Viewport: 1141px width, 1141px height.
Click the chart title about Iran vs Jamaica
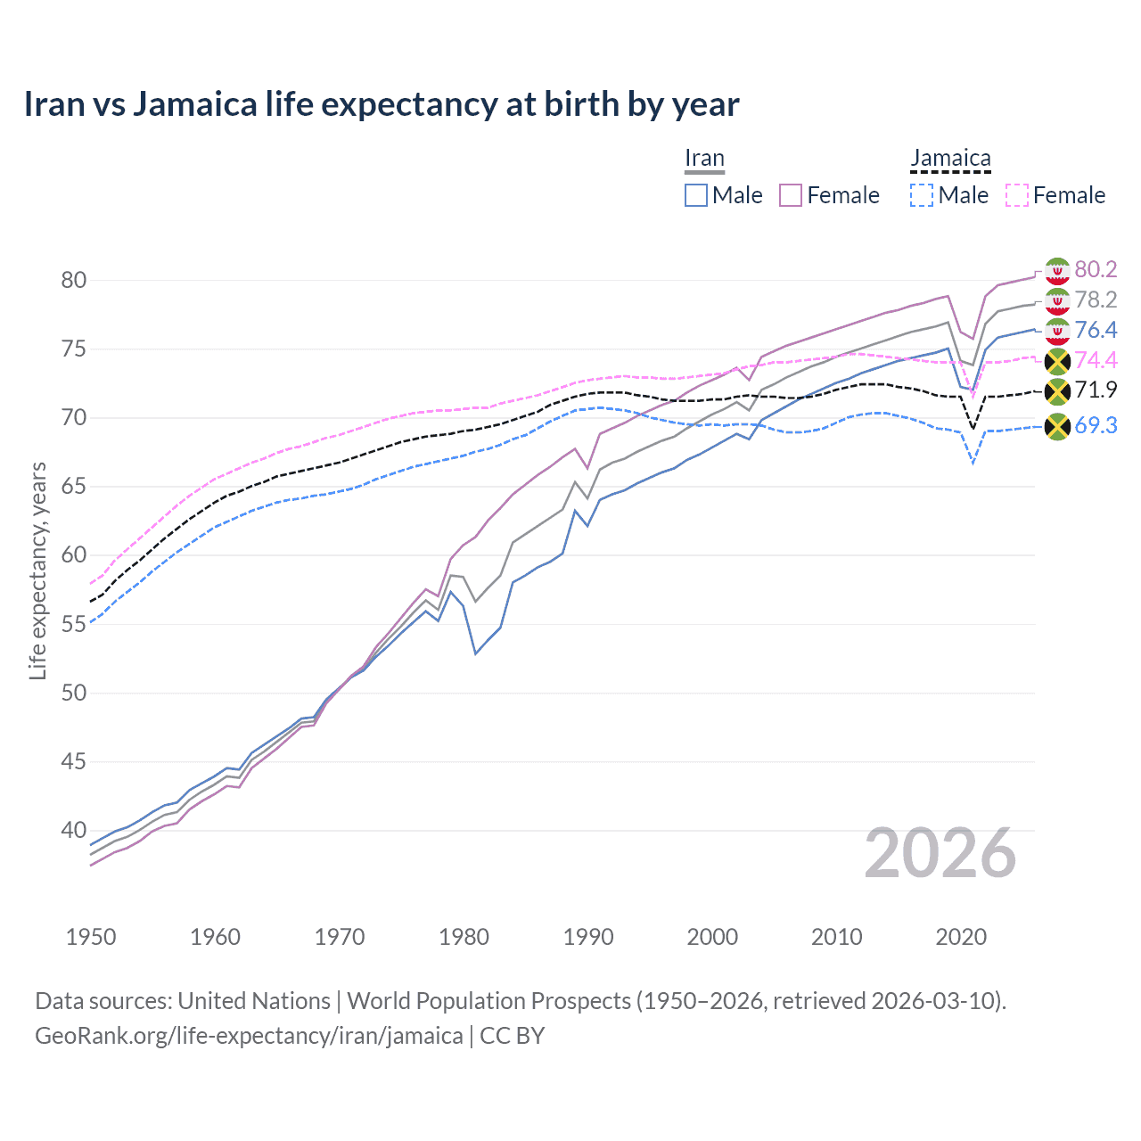[x=381, y=104]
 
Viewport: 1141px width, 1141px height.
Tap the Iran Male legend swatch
[x=696, y=195]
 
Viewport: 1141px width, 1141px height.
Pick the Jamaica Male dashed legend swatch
[x=922, y=195]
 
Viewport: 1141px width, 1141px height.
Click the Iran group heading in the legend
[x=704, y=159]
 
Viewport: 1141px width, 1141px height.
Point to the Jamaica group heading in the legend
[x=950, y=159]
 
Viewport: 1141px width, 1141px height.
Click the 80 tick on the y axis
[x=74, y=280]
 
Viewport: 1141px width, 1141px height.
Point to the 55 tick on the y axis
[x=74, y=624]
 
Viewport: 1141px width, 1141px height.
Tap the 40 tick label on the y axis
[x=74, y=831]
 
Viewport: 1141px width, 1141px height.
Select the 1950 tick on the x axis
[x=91, y=937]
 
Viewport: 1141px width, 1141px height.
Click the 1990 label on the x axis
[x=588, y=937]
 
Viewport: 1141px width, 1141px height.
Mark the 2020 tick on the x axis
[x=961, y=937]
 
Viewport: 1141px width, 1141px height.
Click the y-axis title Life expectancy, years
[x=37, y=570]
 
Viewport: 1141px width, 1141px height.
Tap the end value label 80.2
[x=1096, y=269]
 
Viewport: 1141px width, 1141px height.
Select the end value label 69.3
[x=1096, y=425]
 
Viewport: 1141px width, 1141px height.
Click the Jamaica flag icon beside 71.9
[x=1057, y=391]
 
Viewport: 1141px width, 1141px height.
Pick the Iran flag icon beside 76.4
[x=1057, y=331]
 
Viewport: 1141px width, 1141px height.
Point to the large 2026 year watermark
[x=940, y=854]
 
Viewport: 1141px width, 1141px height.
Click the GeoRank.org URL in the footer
[x=249, y=1036]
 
